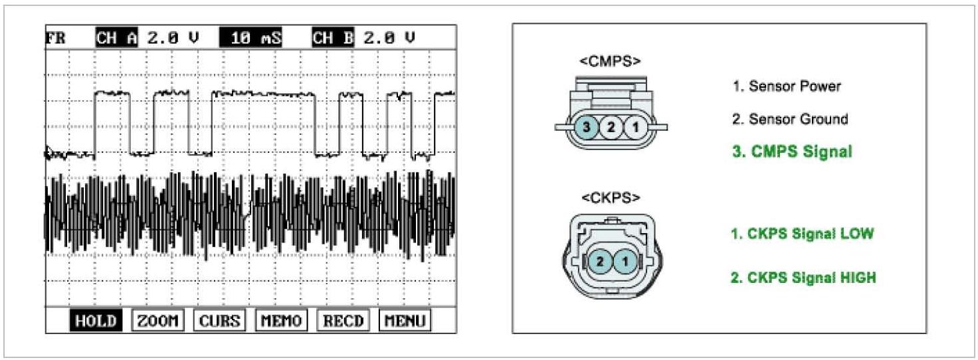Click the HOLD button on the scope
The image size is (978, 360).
(96, 321)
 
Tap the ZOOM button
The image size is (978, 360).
(157, 321)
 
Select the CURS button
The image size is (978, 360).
(220, 321)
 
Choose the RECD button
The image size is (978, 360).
(343, 321)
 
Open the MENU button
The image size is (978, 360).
(405, 321)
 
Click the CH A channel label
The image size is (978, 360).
(116, 38)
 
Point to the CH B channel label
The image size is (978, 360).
(333, 38)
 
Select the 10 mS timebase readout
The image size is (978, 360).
(250, 38)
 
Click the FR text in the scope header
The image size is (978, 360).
(55, 38)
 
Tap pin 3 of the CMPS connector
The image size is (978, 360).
(587, 128)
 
